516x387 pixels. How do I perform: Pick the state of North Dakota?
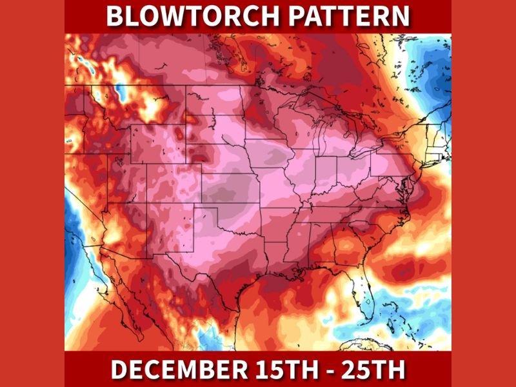coord(217,100)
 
